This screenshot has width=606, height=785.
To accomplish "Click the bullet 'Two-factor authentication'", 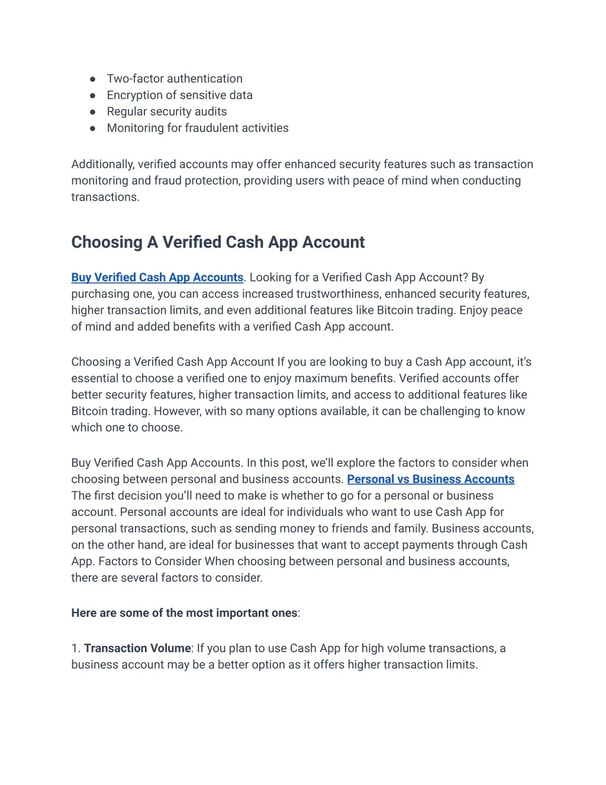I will coord(175,79).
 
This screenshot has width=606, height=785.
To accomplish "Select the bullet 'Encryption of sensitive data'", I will coord(179,95).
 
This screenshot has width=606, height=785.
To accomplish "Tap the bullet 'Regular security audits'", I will coord(166,111).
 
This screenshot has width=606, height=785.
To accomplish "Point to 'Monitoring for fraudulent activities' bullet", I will coord(198,128).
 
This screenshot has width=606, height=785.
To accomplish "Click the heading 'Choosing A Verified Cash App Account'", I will coord(218,242).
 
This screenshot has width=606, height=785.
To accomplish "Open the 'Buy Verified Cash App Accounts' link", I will coord(157,277).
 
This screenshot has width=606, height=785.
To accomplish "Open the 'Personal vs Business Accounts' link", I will coord(430,479).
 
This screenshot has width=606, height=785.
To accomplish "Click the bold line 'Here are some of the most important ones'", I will coord(184,613).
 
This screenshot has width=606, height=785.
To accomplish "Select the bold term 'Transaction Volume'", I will coord(137,648).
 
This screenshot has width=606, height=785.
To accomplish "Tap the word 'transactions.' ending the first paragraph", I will coord(105,197).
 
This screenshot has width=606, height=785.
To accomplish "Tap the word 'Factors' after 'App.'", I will coord(118,561).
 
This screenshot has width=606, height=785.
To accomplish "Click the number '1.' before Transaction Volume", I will coord(76,648).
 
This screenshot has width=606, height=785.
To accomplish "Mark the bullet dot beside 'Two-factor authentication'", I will coord(93,79).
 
